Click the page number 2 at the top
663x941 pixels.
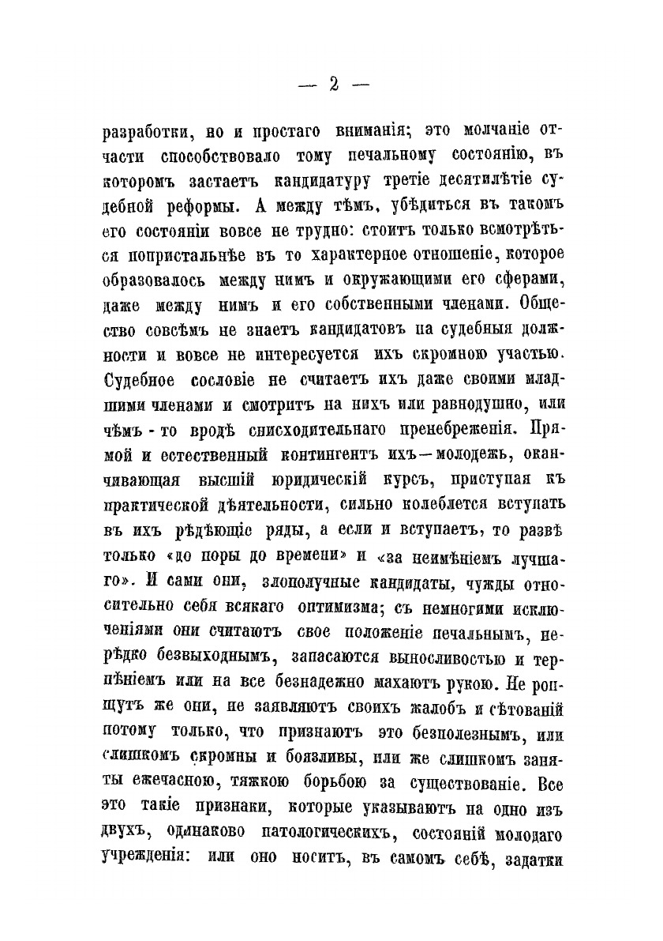(x=333, y=85)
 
